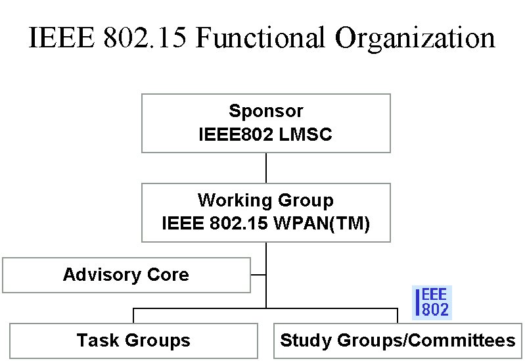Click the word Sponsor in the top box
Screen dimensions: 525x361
point(266,111)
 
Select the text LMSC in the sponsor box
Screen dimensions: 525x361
point(305,134)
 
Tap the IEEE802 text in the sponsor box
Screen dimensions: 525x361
point(236,134)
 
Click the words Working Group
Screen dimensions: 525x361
point(266,201)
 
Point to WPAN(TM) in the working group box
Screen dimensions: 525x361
point(322,223)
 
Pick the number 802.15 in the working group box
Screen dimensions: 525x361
point(239,223)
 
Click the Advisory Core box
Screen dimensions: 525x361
point(127,276)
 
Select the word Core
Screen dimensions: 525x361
point(168,274)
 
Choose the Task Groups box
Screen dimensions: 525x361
point(133,341)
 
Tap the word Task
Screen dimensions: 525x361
point(98,340)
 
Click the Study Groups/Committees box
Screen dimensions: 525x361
point(398,341)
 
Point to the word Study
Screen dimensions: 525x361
point(306,341)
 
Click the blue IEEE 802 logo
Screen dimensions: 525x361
point(432,302)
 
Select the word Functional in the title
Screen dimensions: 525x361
point(260,37)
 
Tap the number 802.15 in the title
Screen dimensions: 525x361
point(145,37)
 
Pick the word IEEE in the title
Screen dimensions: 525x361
point(62,37)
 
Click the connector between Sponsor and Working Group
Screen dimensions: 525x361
point(266,168)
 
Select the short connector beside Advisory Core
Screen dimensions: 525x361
point(258,275)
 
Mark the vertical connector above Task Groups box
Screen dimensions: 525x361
point(133,316)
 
